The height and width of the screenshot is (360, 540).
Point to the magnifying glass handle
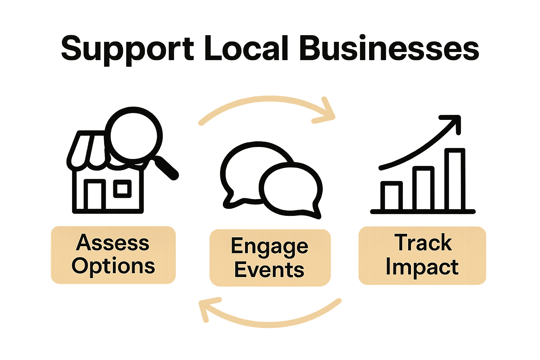165,168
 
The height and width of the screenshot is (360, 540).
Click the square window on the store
122,189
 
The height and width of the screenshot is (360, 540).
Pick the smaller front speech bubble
292,190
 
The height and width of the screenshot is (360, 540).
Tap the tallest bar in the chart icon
455,179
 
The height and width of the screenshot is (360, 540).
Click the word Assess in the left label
112,243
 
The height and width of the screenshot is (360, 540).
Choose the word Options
113,266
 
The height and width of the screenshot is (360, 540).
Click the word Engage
269,246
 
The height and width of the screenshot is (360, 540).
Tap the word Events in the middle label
269,270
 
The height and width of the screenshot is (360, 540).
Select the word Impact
422,267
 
